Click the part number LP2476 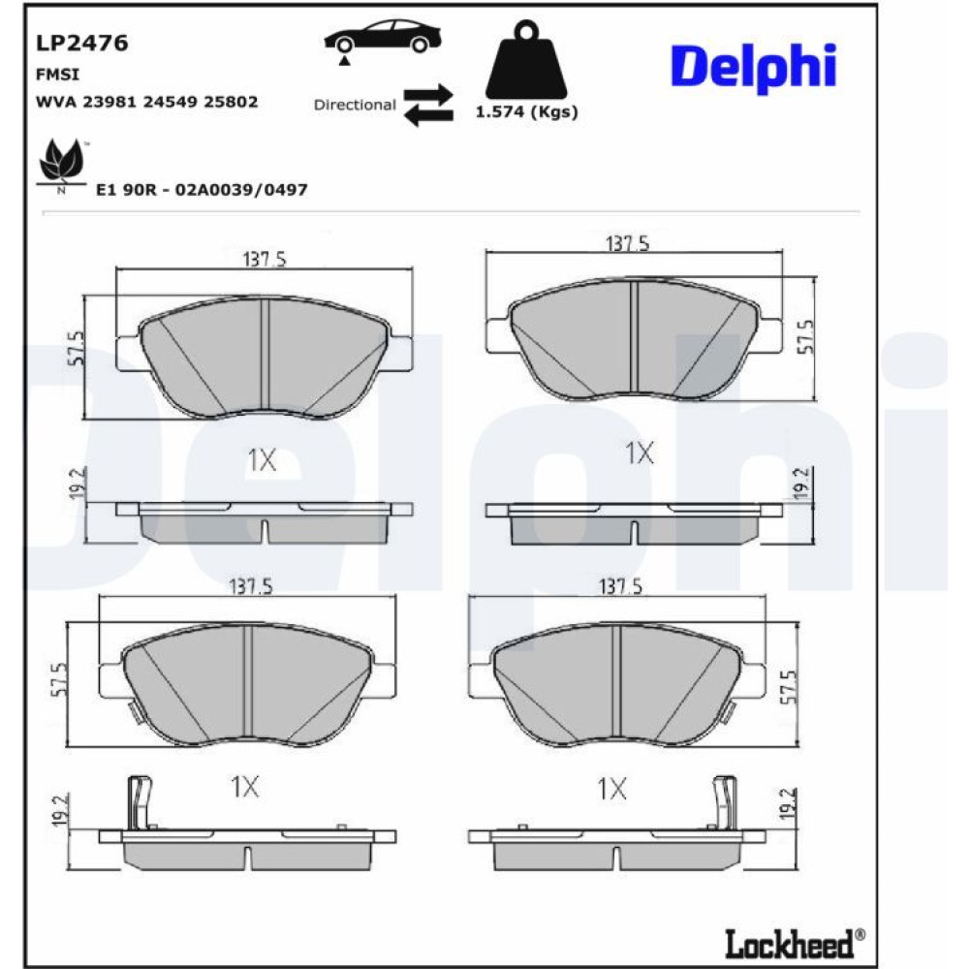tap(81, 44)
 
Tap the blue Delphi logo tap(753, 68)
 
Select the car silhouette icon tap(383, 39)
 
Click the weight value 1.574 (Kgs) tap(526, 111)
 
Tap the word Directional tap(355, 105)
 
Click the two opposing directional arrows tap(428, 105)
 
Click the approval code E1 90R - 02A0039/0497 tap(202, 190)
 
